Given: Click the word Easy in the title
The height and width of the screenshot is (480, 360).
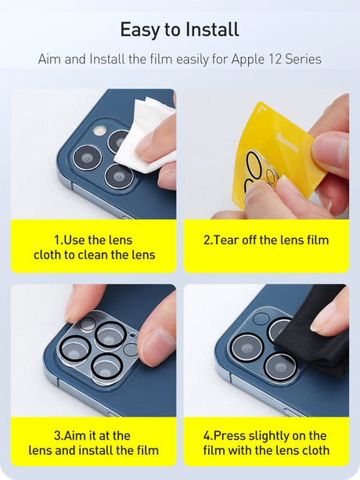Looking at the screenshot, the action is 140,30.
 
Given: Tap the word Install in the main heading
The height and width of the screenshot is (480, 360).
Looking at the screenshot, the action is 212,30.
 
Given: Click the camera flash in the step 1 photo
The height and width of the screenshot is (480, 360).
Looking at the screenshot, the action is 99,131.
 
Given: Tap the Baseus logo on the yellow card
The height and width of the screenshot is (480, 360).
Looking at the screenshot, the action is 287,143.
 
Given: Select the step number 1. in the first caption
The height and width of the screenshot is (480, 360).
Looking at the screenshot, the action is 59,240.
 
